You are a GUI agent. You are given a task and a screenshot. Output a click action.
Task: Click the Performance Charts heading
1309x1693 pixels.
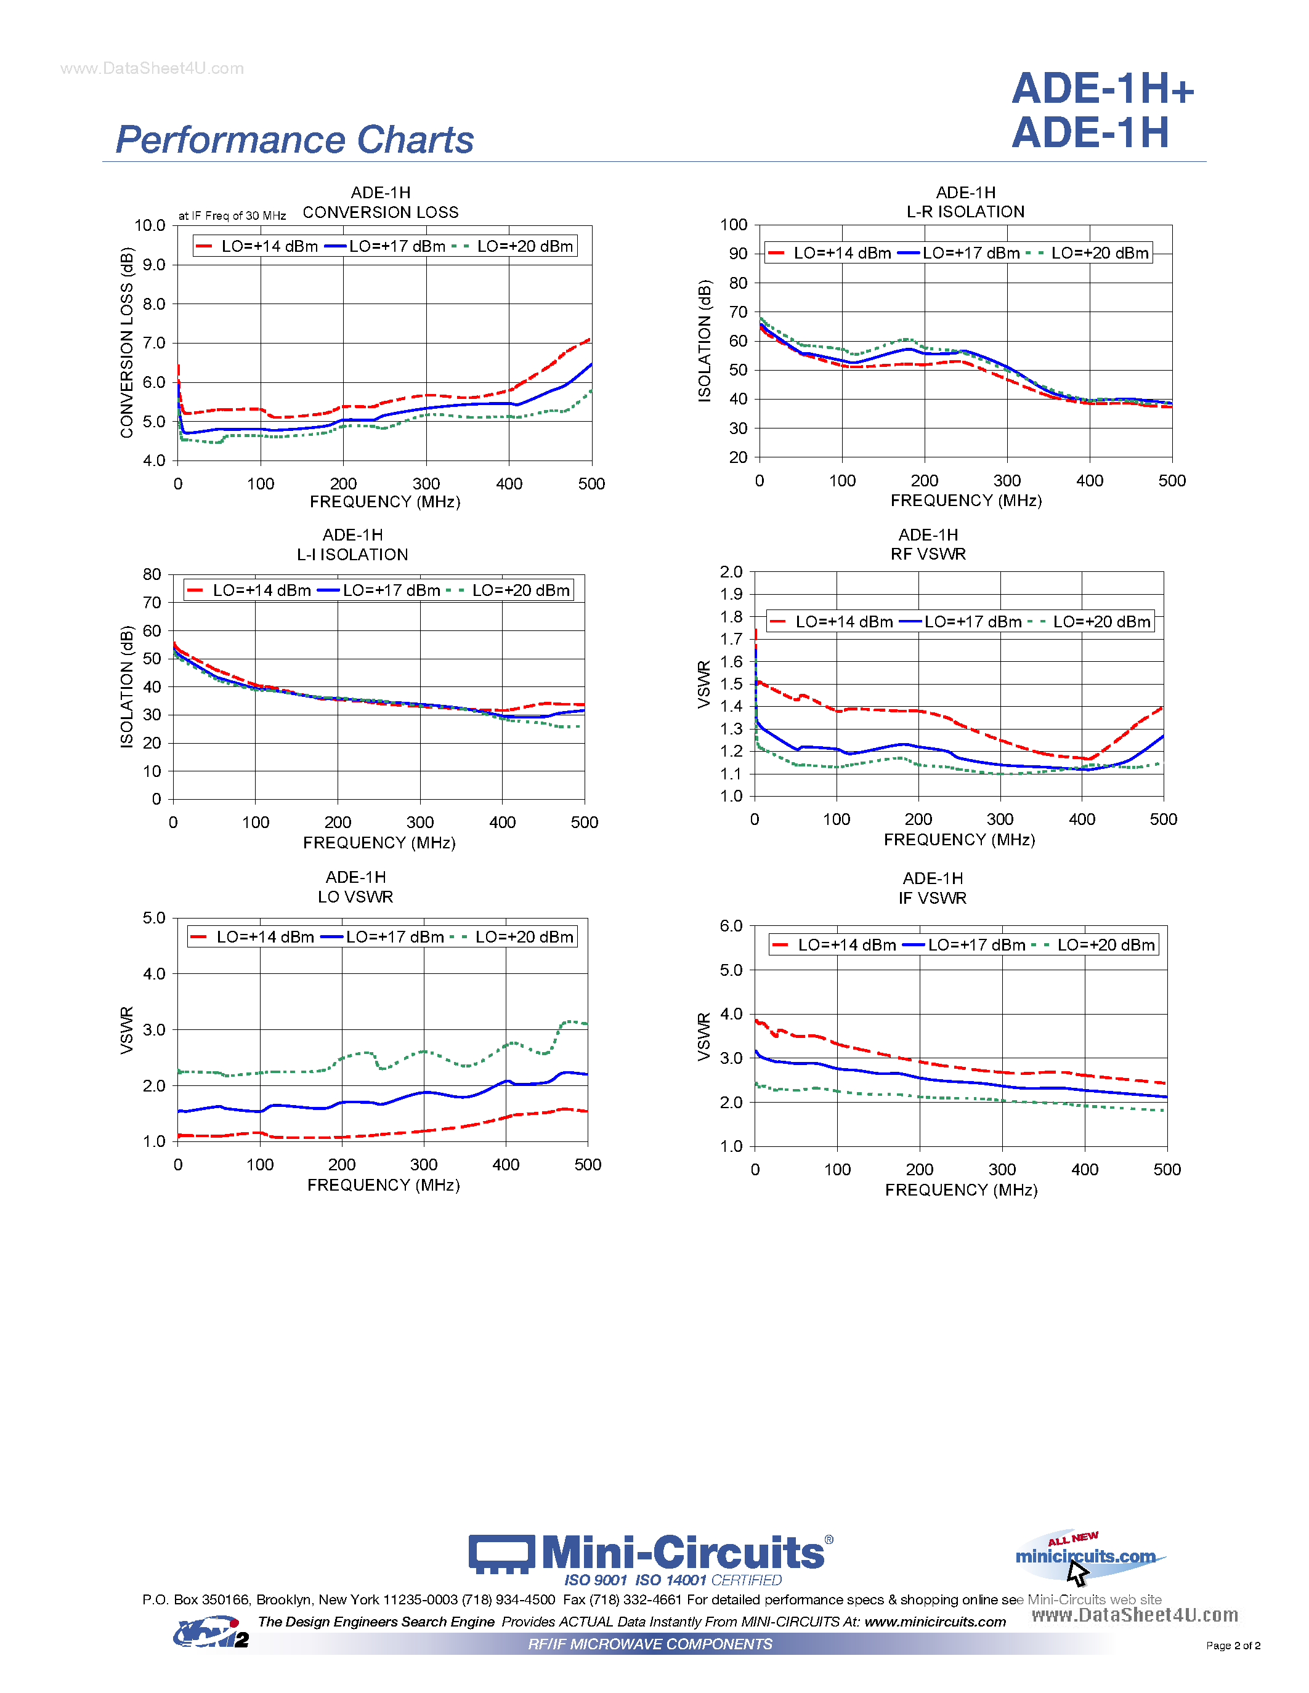click(x=294, y=140)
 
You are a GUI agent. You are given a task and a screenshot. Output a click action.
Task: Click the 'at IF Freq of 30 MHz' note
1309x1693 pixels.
click(x=232, y=216)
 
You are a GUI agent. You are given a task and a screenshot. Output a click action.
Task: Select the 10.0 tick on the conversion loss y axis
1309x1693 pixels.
click(x=150, y=225)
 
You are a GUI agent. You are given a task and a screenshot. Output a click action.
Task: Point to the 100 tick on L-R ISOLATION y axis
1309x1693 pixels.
click(x=734, y=225)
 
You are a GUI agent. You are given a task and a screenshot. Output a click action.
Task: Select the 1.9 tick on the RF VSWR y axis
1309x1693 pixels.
click(x=731, y=595)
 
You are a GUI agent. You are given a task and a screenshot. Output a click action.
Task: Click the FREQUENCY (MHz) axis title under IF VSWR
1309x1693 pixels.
click(x=961, y=1190)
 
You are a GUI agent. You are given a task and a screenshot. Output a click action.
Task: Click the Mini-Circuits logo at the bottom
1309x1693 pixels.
click(x=650, y=1554)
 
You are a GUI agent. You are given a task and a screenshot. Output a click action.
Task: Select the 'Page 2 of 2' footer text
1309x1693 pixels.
click(x=1233, y=1646)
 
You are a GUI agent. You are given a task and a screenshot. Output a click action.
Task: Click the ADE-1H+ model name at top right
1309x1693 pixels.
click(x=1102, y=89)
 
